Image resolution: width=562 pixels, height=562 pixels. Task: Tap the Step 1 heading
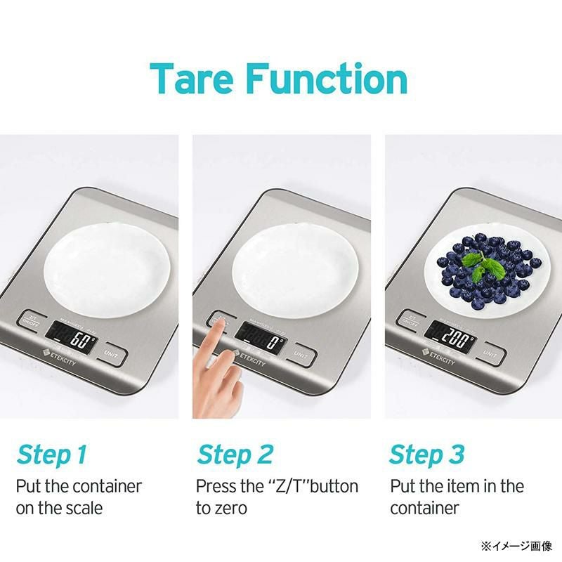51,455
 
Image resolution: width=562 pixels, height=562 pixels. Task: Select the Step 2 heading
235,455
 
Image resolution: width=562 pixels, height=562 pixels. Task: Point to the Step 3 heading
427,455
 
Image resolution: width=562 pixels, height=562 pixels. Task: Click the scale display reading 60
73,342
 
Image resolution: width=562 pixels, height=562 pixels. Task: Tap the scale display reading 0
261,342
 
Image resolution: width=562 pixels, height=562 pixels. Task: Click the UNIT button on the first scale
111,354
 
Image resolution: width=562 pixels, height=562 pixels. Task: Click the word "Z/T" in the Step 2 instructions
293,486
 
